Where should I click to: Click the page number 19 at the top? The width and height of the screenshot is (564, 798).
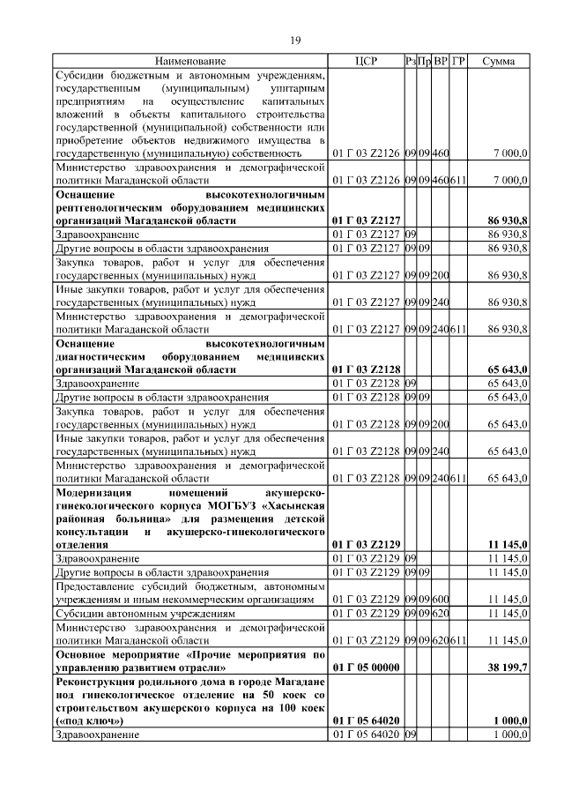coord(297,40)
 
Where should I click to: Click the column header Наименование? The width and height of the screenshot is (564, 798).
coord(190,62)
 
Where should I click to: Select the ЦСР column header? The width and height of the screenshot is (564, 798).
coord(366,62)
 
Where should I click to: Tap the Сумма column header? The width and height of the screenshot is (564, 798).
coord(499,62)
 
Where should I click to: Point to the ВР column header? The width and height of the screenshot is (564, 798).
coord(441,62)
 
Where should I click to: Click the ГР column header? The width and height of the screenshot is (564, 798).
coord(458,62)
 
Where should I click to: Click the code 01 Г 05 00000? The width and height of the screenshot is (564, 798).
coord(365,669)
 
